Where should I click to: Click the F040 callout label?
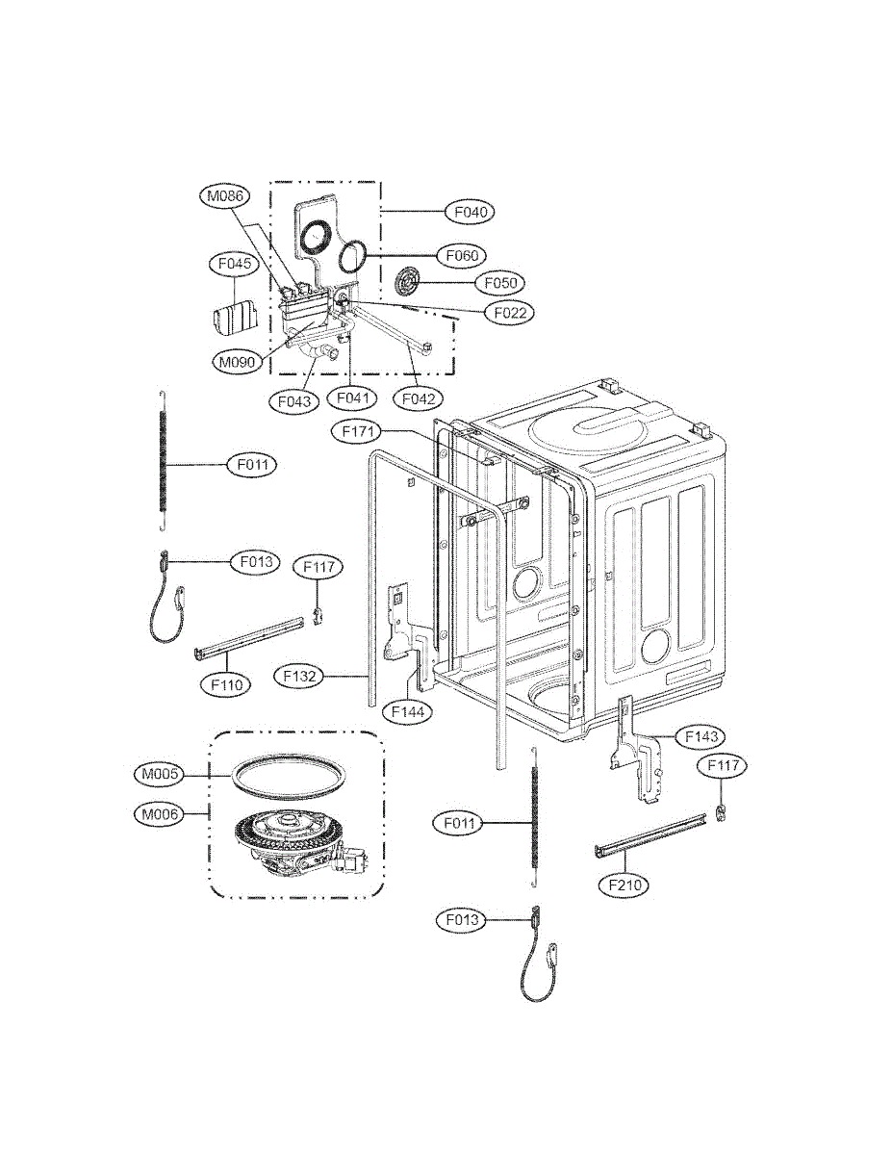(469, 211)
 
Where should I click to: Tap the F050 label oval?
(499, 283)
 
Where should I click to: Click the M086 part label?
(226, 196)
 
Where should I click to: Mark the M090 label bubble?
(237, 362)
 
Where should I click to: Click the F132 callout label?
(299, 677)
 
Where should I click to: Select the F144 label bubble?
(406, 711)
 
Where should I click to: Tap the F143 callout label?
(701, 737)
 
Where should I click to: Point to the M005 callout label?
(159, 773)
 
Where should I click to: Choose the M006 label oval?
(159, 813)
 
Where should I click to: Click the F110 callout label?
(226, 684)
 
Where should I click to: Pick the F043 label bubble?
(294, 399)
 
